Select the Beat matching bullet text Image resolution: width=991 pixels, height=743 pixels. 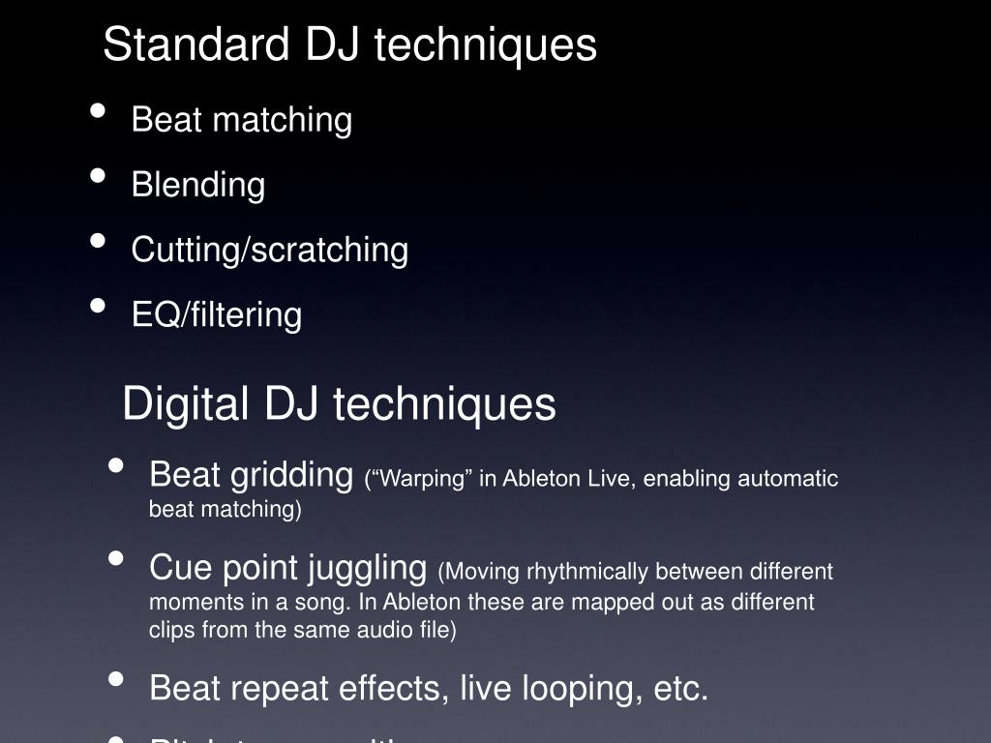tap(241, 120)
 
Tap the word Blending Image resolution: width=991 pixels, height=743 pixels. tap(197, 184)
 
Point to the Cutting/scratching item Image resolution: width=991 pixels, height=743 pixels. tap(269, 250)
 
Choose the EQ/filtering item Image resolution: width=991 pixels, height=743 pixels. tap(216, 314)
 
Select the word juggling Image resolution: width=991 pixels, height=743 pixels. tap(368, 568)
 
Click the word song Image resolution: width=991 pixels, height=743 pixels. tap(330, 602)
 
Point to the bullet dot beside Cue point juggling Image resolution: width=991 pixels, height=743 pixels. tap(116, 558)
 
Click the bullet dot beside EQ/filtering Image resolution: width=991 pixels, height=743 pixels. tap(98, 305)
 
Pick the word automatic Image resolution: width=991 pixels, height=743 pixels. tap(788, 479)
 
